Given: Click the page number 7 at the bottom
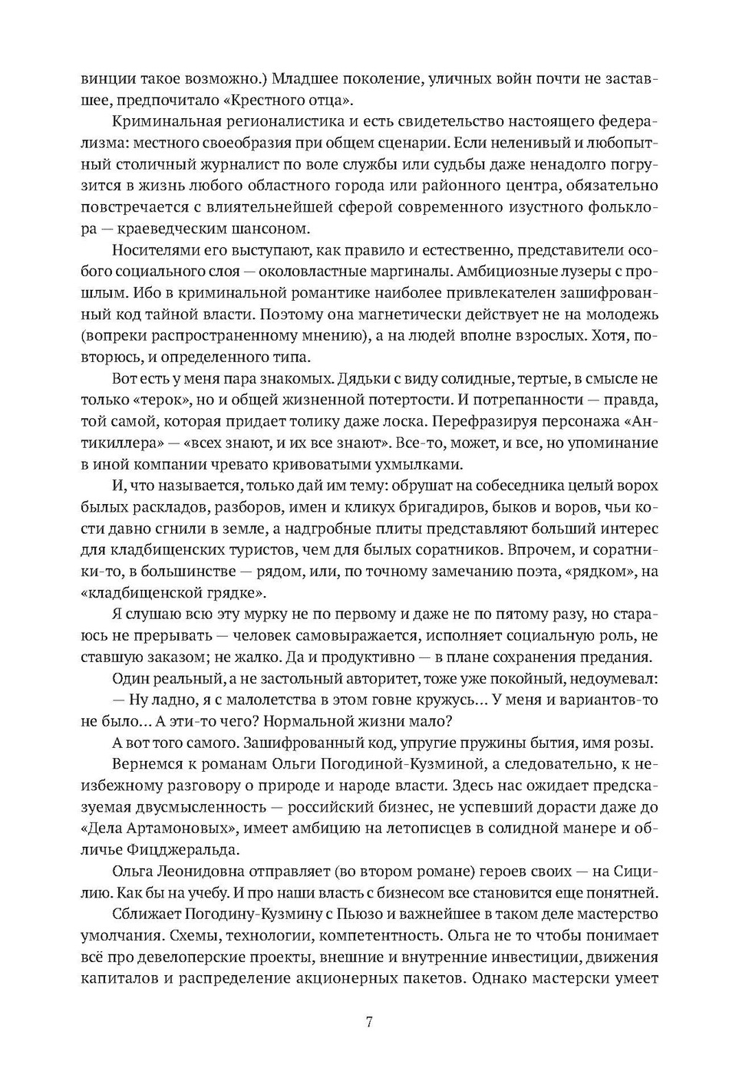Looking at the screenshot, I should pyautogui.click(x=369, y=1022).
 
